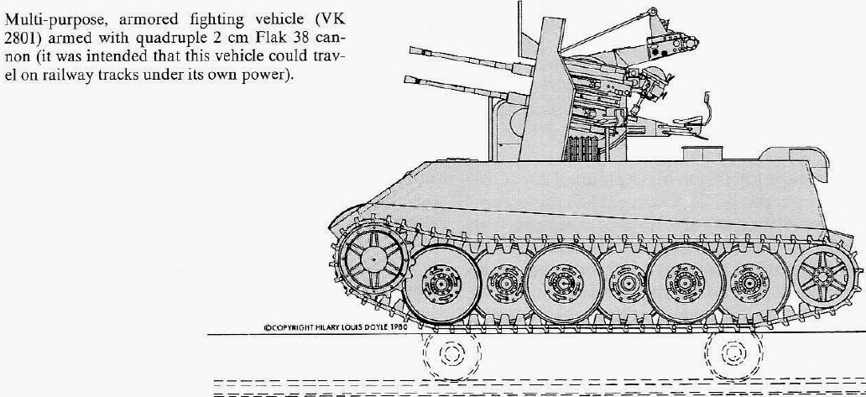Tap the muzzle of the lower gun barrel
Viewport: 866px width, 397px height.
(x=408, y=80)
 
